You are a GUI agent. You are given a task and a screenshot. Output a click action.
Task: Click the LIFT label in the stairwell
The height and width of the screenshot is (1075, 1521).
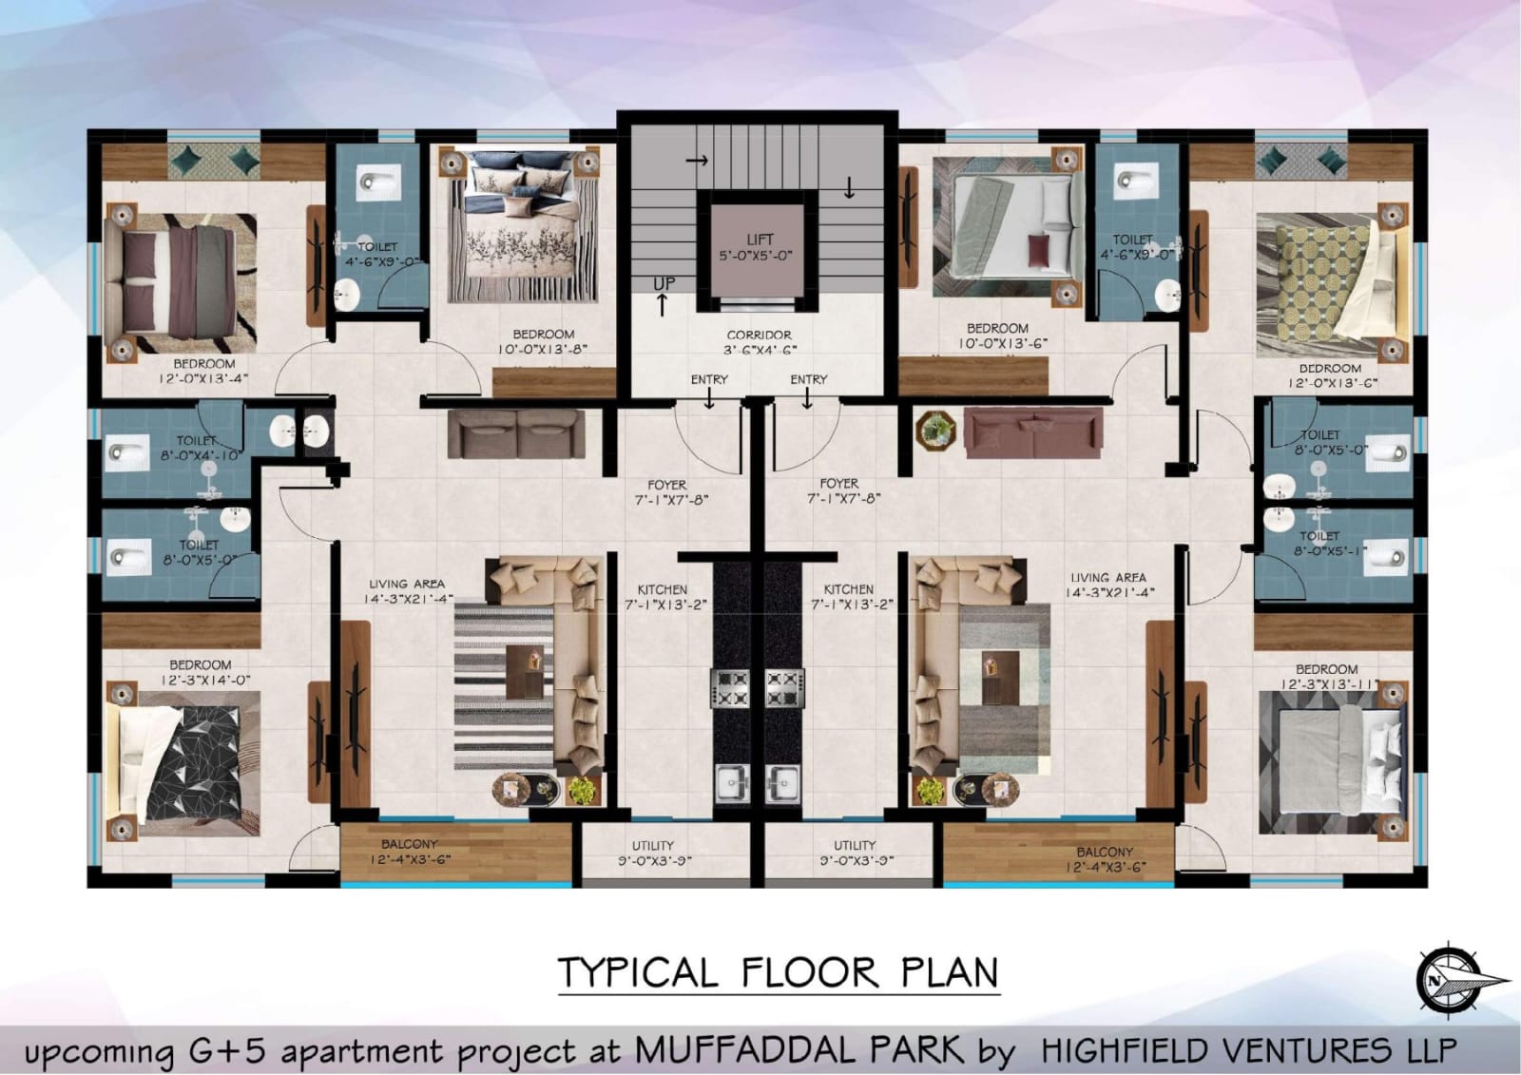(x=760, y=240)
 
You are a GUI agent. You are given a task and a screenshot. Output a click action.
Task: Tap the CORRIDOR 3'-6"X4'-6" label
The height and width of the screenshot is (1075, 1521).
(x=760, y=342)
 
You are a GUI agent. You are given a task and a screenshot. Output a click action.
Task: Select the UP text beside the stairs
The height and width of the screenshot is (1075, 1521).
(x=664, y=284)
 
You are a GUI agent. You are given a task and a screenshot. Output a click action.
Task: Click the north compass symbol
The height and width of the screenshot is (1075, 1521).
(x=1459, y=981)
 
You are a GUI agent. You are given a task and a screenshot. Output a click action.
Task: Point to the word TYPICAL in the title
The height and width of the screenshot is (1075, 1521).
(x=638, y=972)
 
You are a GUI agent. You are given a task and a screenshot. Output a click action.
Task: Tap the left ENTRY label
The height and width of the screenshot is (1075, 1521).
(x=709, y=379)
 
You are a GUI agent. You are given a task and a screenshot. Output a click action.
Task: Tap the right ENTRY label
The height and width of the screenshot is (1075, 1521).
(x=809, y=379)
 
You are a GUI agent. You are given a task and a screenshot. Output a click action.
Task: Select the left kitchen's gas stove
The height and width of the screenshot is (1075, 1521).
(x=730, y=688)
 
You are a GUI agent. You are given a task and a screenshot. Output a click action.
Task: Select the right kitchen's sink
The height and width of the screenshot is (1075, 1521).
(x=783, y=784)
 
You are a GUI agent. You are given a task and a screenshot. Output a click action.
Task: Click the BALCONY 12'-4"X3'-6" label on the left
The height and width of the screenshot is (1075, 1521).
(x=409, y=852)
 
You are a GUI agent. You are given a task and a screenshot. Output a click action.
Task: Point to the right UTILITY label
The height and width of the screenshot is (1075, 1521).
(x=855, y=846)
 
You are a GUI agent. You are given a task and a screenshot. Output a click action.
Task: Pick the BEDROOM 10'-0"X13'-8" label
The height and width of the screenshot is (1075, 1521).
(x=543, y=341)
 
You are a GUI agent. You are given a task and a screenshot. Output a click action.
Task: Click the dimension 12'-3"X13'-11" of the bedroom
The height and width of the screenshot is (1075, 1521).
(x=1329, y=684)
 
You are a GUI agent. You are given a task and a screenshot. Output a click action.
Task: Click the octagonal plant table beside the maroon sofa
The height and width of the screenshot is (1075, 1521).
(x=935, y=430)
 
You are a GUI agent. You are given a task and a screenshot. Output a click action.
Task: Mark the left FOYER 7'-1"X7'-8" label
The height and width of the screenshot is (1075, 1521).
(x=667, y=492)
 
